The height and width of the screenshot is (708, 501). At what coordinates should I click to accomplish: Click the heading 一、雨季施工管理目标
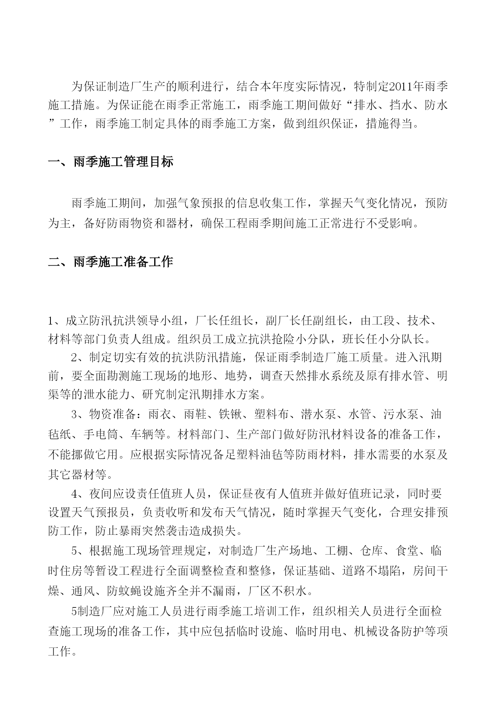point(111,162)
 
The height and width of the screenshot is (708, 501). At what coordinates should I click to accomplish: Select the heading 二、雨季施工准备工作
point(111,262)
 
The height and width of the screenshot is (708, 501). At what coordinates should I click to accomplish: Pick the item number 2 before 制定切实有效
point(74,357)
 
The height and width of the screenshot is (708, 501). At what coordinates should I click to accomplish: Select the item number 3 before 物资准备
point(74,415)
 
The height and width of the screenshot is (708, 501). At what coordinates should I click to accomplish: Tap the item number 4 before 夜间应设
point(74,493)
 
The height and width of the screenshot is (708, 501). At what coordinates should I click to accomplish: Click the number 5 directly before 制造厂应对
point(74,612)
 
